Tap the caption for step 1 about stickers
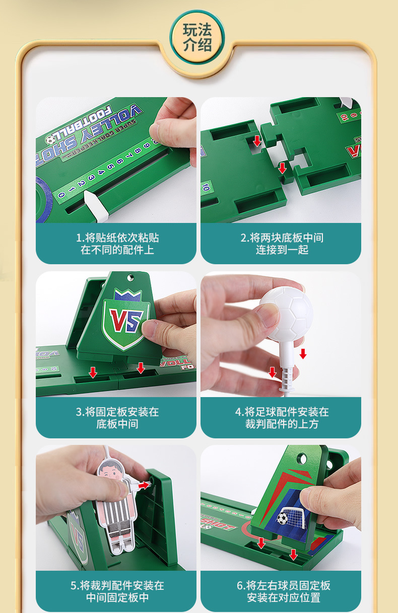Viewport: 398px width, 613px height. tap(117, 244)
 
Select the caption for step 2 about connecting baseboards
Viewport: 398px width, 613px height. tap(282, 244)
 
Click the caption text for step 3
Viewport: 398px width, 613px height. tap(117, 418)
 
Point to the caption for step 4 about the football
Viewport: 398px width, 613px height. tap(282, 418)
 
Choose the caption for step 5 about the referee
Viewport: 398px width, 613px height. tap(117, 591)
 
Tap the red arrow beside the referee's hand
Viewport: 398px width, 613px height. tap(145, 485)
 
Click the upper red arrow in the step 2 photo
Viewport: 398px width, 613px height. tap(257, 140)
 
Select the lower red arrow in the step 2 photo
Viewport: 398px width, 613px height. tap(282, 168)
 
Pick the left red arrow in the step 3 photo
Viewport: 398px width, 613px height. tap(93, 372)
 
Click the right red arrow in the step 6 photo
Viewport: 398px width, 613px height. tap(293, 554)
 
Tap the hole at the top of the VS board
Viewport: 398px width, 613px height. tap(131, 277)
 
